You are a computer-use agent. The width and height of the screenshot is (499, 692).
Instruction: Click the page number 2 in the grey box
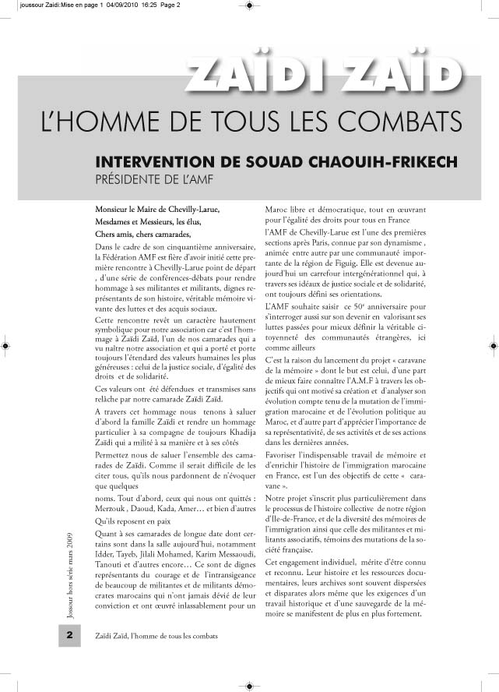point(69,635)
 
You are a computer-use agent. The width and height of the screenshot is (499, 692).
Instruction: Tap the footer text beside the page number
point(156,635)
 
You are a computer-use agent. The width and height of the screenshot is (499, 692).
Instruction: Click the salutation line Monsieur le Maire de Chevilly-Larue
point(156,210)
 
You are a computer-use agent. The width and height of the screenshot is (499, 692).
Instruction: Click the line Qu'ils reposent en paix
point(130,520)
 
